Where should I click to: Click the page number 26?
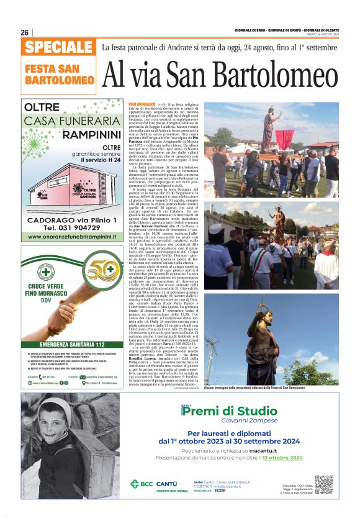[25, 32]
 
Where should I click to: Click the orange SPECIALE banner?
[58, 47]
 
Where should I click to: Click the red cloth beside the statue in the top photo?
[284, 138]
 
